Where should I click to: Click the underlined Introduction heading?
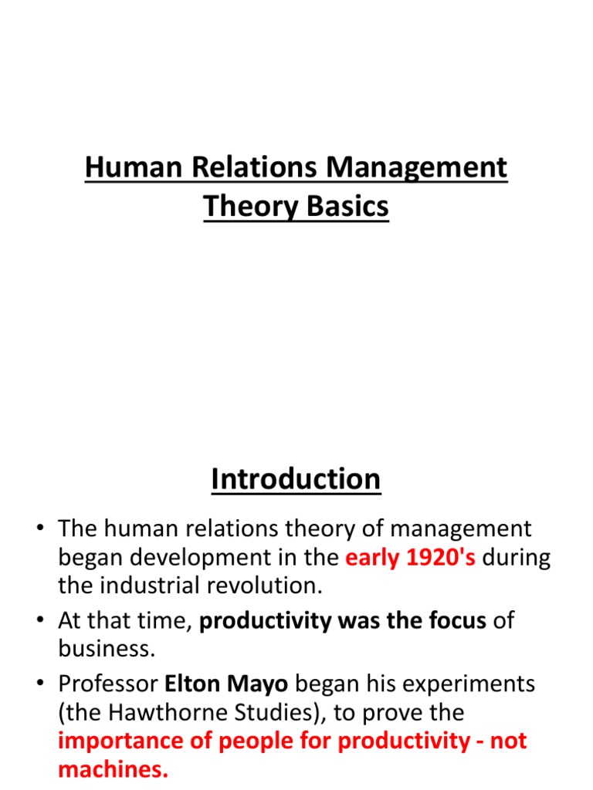[296, 479]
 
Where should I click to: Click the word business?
[105, 649]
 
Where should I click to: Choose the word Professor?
[107, 684]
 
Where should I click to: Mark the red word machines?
[113, 769]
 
